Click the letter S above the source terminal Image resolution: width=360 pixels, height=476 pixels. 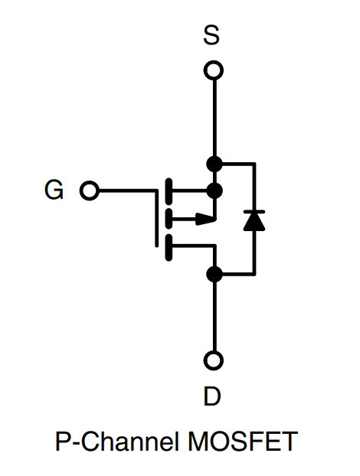[x=211, y=35]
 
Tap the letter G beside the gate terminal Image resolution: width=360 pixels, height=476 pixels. [x=54, y=190]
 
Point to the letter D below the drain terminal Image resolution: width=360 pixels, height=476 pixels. [x=212, y=396]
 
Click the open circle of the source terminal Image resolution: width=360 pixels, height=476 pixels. [x=214, y=70]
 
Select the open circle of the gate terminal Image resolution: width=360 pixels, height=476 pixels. [x=90, y=191]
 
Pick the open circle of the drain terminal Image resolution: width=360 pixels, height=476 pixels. [x=214, y=360]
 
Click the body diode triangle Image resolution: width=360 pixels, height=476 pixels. [x=254, y=221]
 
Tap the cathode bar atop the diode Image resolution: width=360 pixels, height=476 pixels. [x=254, y=211]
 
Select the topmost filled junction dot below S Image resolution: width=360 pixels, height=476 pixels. [x=214, y=165]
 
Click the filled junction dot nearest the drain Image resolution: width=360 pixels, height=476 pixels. [x=214, y=274]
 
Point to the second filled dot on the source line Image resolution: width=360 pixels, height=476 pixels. [x=214, y=191]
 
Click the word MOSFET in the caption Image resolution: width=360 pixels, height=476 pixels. [x=243, y=441]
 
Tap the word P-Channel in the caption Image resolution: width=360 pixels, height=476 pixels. [x=116, y=441]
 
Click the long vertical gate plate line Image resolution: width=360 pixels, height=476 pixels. [x=157, y=218]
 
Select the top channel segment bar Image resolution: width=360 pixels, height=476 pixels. [x=169, y=191]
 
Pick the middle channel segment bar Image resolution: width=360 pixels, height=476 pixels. [x=169, y=218]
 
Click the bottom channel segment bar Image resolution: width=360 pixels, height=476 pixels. [x=169, y=247]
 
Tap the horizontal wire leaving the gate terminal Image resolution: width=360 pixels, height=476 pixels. [x=128, y=191]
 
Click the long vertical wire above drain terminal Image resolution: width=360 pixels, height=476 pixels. [x=214, y=316]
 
